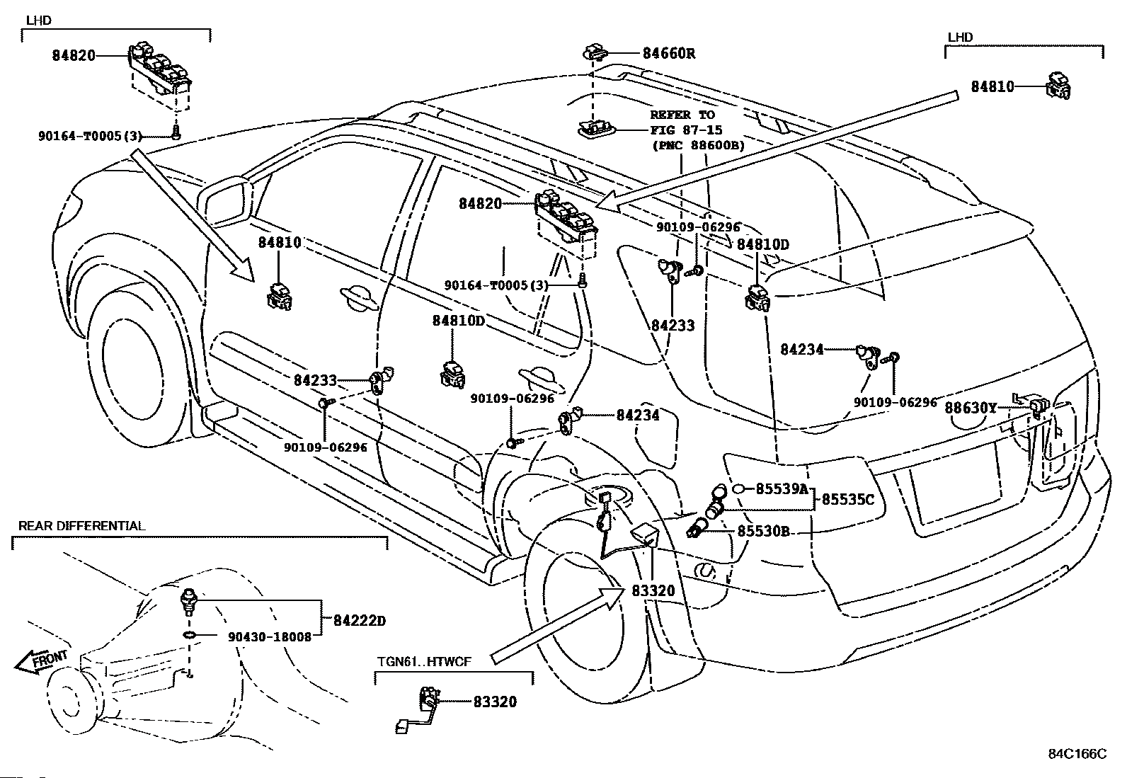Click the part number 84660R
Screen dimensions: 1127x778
pyautogui.click(x=669, y=53)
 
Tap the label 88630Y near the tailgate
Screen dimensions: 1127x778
pyautogui.click(x=970, y=408)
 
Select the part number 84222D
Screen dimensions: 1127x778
pyautogui.click(x=359, y=620)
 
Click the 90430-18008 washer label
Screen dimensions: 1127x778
pyautogui.click(x=270, y=636)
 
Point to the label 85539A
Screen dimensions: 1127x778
pyautogui.click(x=782, y=488)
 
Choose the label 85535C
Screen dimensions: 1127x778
pyautogui.click(x=848, y=499)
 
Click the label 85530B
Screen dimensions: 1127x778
pyautogui.click(x=763, y=531)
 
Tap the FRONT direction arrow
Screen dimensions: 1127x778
pyautogui.click(x=41, y=663)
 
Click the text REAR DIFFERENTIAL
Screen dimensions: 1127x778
pyautogui.click(x=81, y=526)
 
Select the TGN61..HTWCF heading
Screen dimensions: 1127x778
pyautogui.click(x=424, y=661)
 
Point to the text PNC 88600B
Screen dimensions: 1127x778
pyautogui.click(x=698, y=145)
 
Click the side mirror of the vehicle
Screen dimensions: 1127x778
pyautogui.click(x=225, y=200)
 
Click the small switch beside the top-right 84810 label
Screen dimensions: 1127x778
pyautogui.click(x=1058, y=86)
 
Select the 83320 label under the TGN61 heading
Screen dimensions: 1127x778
pyautogui.click(x=495, y=702)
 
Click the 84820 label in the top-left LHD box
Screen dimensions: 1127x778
pyautogui.click(x=74, y=55)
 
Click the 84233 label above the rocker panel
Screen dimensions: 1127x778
pyautogui.click(x=315, y=380)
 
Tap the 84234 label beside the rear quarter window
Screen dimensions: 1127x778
pyautogui.click(x=801, y=349)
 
